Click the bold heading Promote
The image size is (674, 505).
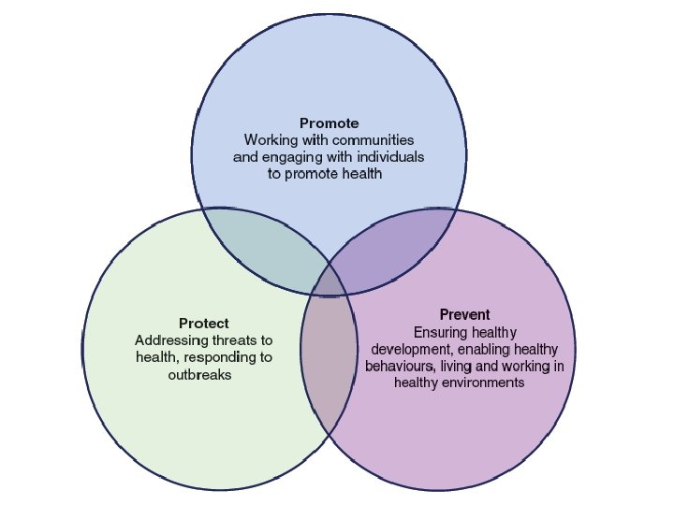coord(329,123)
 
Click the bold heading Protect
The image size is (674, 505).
coord(204,324)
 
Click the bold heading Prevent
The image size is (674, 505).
coord(464,314)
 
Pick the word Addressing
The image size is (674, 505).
coord(167,340)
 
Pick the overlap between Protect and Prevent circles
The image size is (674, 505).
coord(330,360)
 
